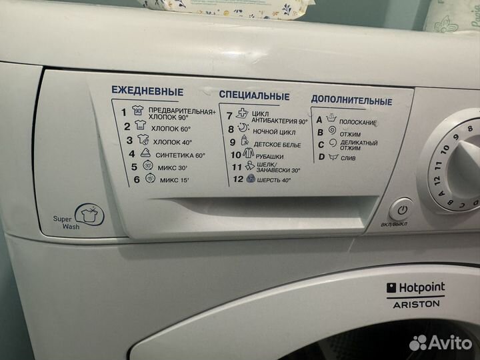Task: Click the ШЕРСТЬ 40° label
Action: click(x=273, y=180)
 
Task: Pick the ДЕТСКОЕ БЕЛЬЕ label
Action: click(x=278, y=144)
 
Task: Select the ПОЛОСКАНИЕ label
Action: click(x=358, y=123)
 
